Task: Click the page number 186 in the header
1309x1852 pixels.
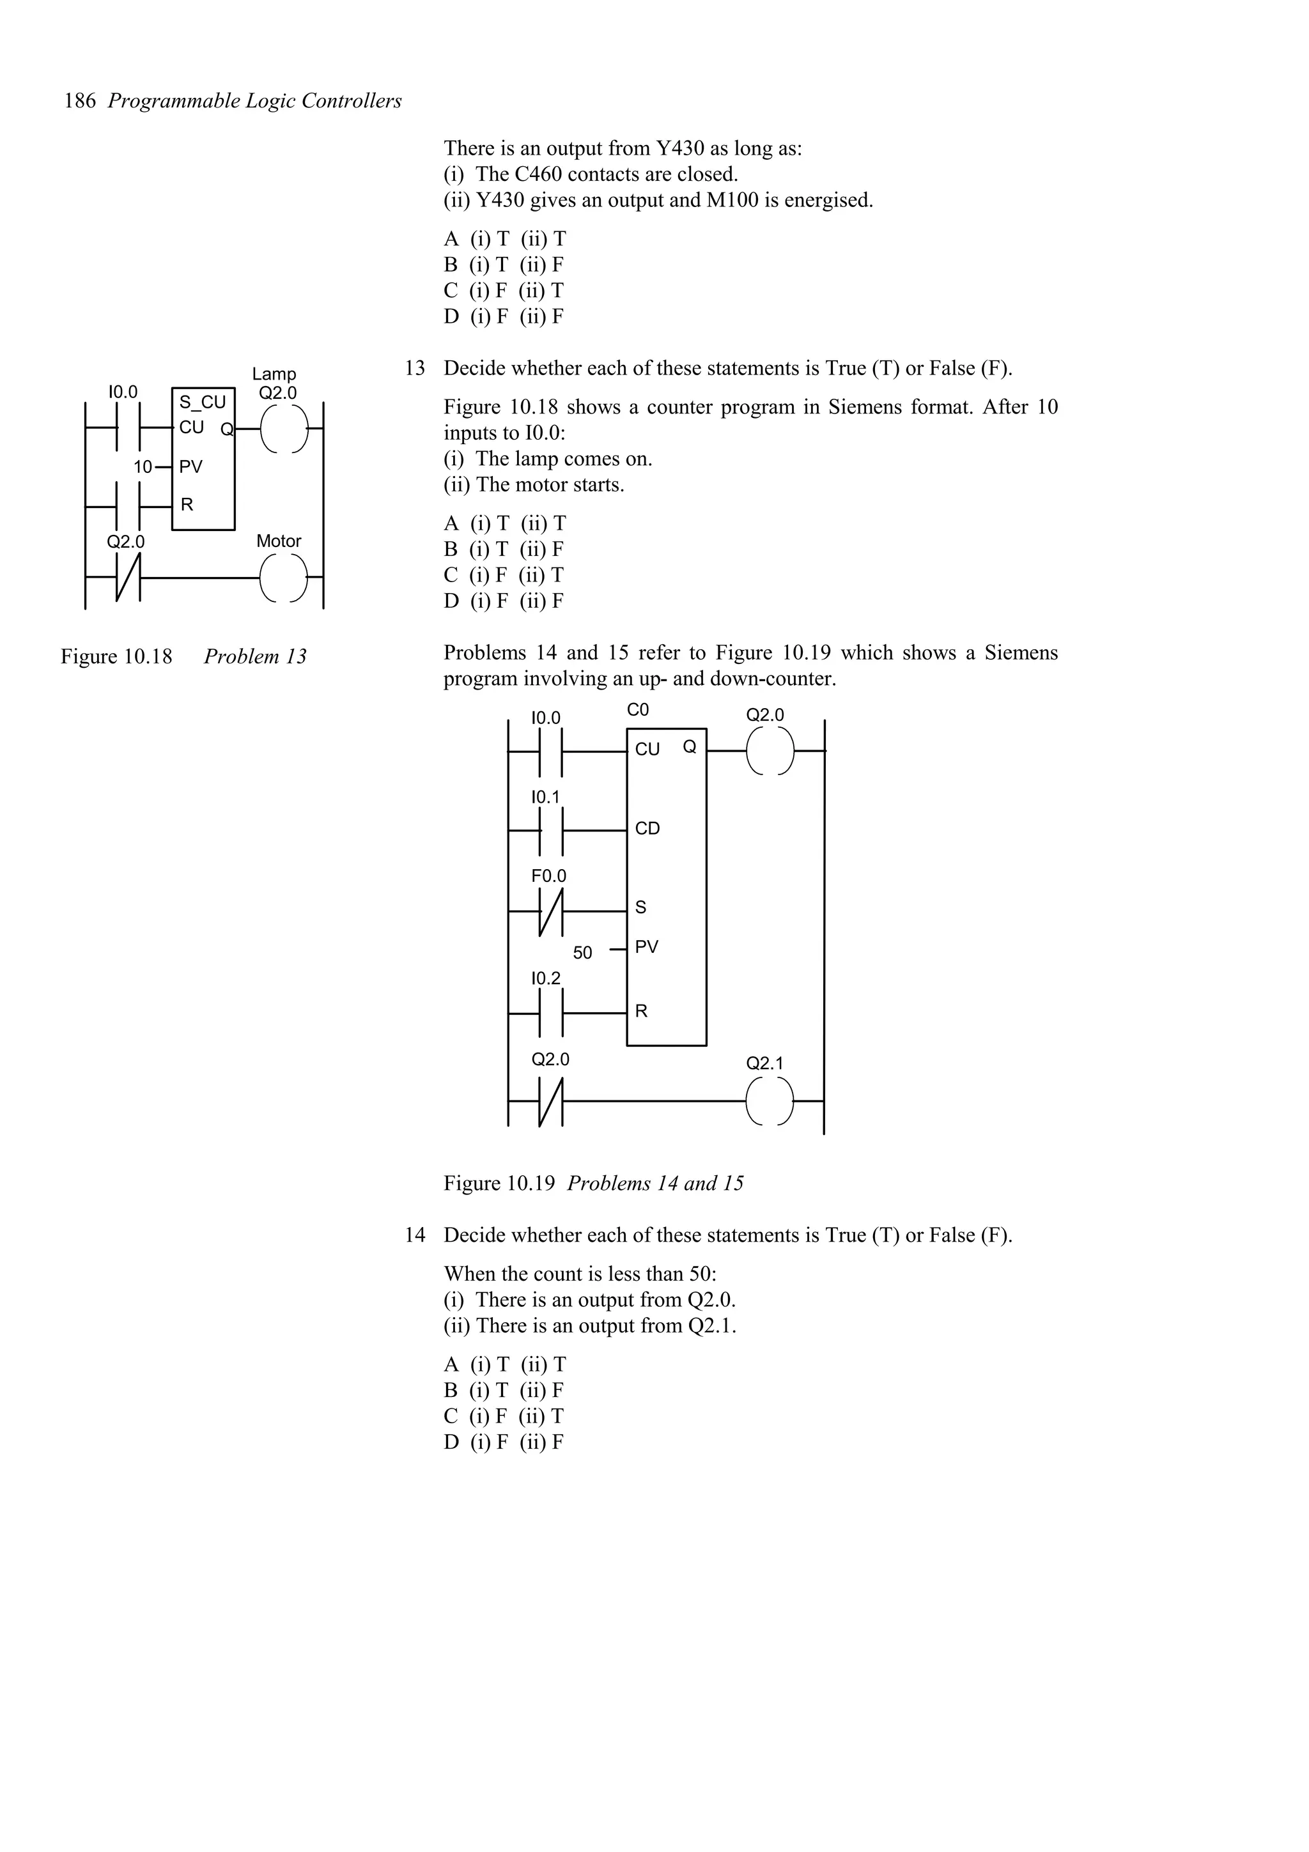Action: pos(80,101)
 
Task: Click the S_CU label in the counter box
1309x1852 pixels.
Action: pos(203,402)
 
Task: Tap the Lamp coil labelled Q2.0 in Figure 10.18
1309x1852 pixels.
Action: pos(284,428)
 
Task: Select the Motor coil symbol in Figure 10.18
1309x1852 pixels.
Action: pos(284,578)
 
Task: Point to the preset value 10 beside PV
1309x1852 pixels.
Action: pos(143,467)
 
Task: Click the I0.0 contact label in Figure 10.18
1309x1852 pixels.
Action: pos(123,392)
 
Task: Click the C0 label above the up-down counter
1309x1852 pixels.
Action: pos(638,710)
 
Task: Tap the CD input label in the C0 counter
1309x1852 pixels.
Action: pos(647,828)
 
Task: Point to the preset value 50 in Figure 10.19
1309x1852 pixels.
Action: pos(582,953)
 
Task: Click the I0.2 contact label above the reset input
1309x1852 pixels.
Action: pos(546,978)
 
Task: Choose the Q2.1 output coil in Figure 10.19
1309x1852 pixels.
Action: pos(770,1101)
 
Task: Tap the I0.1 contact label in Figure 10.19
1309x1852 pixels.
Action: pos(546,797)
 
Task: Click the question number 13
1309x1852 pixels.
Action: pos(415,369)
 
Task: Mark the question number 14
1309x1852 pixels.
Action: pos(415,1235)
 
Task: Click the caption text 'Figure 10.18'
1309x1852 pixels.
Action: pos(116,656)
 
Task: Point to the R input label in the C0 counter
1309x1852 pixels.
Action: pos(641,1012)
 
